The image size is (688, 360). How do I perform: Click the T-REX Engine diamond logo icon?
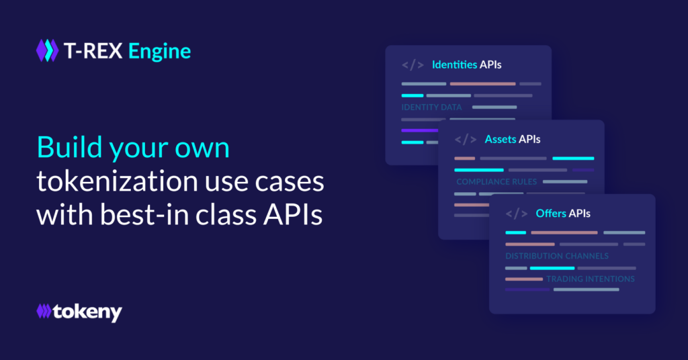click(x=48, y=50)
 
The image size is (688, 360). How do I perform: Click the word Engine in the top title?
click(x=160, y=52)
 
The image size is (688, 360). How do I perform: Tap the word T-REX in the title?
click(x=93, y=51)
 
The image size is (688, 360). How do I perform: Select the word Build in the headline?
click(x=69, y=147)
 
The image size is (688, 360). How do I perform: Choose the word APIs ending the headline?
click(x=293, y=214)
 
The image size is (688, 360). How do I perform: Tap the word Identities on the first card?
click(x=455, y=65)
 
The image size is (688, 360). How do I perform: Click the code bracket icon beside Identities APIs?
click(x=413, y=65)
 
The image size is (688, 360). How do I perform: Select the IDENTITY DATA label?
click(x=432, y=107)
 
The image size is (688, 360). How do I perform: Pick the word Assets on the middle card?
click(x=500, y=140)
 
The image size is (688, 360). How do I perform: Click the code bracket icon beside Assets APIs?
click(x=466, y=140)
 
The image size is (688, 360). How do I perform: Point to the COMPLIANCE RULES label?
click(x=497, y=181)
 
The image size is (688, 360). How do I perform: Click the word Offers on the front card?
click(x=551, y=214)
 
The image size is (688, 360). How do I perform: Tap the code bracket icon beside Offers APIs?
click(x=517, y=214)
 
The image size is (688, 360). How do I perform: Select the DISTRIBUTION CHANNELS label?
click(x=557, y=256)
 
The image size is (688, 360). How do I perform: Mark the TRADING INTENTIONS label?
click(x=591, y=279)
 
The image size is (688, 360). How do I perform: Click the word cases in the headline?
click(x=290, y=181)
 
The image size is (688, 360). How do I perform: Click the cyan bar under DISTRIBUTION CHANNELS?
click(x=552, y=268)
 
